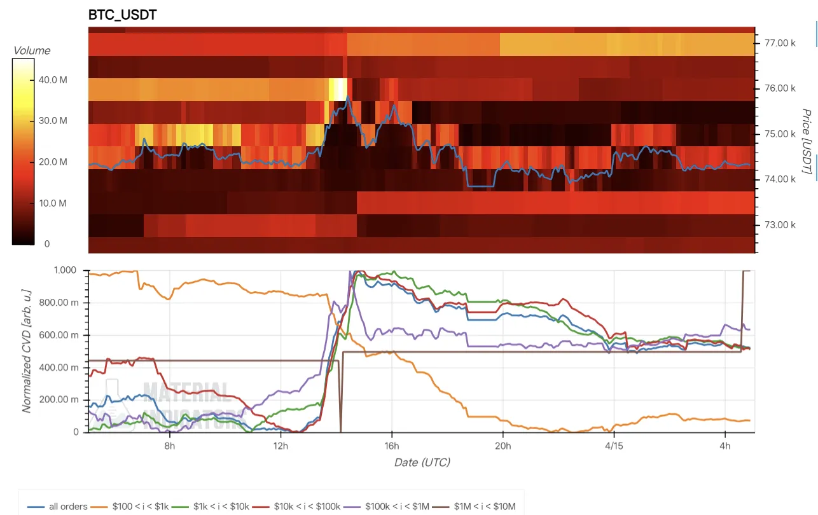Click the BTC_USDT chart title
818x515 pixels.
[122, 15]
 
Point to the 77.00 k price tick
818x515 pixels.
[774, 43]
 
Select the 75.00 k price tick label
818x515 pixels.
[774, 134]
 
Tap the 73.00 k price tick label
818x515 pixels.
[774, 225]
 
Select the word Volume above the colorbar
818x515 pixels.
[32, 51]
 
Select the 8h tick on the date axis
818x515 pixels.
[170, 446]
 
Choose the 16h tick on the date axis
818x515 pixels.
[392, 446]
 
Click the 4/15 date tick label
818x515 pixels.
[614, 446]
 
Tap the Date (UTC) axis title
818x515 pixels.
[422, 462]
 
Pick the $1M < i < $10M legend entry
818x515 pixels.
[481, 507]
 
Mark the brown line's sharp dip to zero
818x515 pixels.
[341, 430]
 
